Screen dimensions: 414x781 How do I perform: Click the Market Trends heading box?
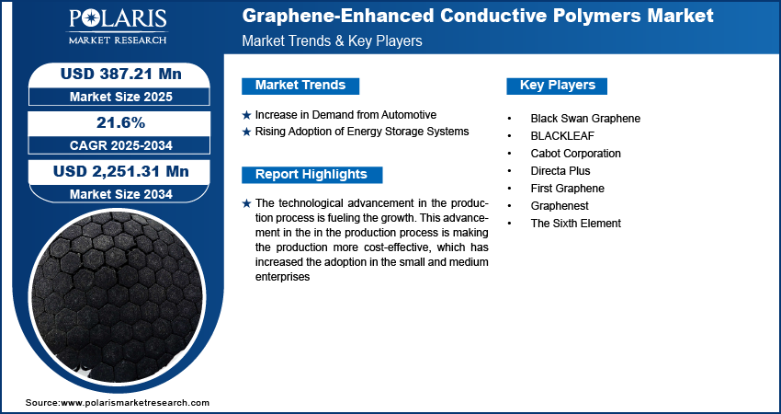tap(300, 86)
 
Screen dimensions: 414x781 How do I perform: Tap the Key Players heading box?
tap(558, 86)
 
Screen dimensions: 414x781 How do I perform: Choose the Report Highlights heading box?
tap(311, 175)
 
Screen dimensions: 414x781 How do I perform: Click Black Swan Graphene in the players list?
tap(585, 119)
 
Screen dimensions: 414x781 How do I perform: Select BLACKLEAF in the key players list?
tap(562, 136)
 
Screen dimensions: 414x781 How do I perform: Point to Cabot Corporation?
tap(575, 154)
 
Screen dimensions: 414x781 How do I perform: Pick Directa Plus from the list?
tap(560, 171)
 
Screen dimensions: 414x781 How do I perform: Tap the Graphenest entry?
tap(560, 206)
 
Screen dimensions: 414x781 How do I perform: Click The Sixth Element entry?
tap(575, 224)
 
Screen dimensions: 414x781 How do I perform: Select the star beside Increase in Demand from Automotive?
tap(246, 115)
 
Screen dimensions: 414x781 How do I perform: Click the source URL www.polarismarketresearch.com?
tap(136, 403)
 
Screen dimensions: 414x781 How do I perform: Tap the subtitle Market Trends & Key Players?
tap(332, 42)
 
